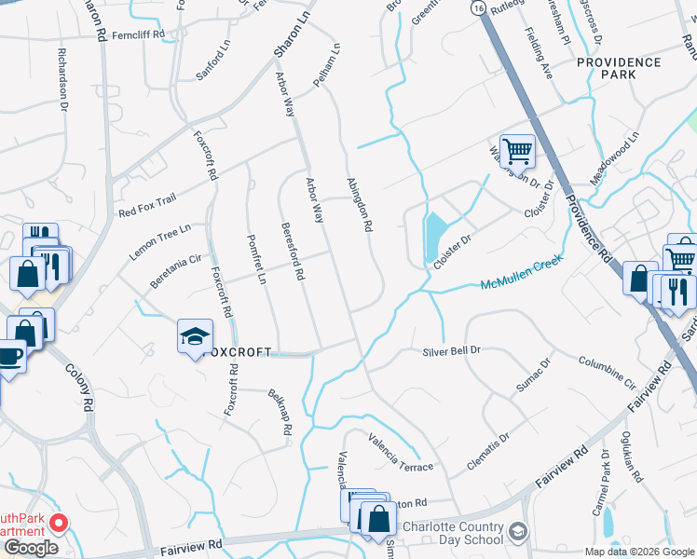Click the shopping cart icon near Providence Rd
(x=516, y=150)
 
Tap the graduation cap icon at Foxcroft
(x=196, y=336)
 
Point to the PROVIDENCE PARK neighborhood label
(x=618, y=67)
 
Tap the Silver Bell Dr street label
(x=451, y=350)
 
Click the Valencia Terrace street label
(x=401, y=451)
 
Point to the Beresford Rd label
(x=291, y=252)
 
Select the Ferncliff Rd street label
(x=137, y=34)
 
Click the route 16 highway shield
(x=477, y=7)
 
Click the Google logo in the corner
(x=30, y=548)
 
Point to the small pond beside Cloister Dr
(x=434, y=238)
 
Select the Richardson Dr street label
(x=63, y=81)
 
